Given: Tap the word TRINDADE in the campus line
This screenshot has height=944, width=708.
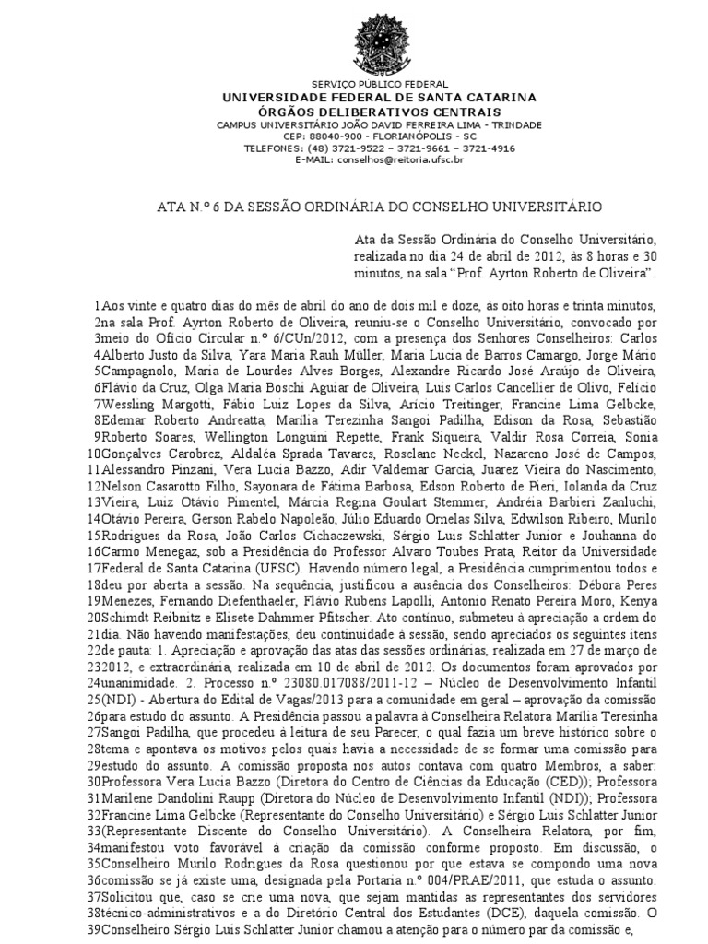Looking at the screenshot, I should point(518,124).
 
